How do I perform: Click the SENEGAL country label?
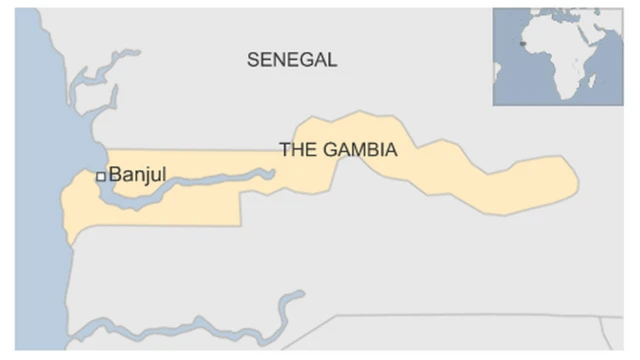[x=292, y=60]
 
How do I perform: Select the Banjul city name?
[x=137, y=175]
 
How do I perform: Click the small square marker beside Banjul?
[x=101, y=176]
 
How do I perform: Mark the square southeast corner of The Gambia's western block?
[x=240, y=223]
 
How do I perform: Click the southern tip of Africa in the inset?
[x=565, y=97]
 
